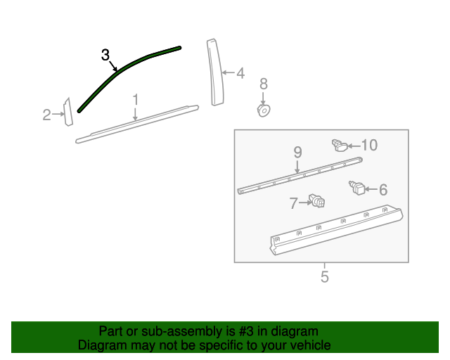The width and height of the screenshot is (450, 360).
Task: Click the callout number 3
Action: tap(105, 55)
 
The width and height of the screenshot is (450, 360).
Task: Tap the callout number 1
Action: tap(135, 100)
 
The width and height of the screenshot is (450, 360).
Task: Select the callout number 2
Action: tap(46, 115)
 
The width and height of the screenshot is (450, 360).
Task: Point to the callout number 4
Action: tap(240, 72)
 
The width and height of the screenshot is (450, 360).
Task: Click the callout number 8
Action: tap(264, 84)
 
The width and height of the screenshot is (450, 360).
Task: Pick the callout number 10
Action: tap(369, 145)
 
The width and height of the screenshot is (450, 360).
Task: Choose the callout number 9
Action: tap(297, 152)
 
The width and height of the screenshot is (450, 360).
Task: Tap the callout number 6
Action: tap(383, 189)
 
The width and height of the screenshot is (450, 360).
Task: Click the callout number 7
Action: tap(293, 203)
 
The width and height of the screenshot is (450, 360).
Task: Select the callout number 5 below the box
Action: tap(324, 277)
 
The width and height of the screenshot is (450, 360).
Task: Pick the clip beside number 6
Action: tap(358, 188)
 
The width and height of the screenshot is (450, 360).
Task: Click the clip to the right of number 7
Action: tap(319, 202)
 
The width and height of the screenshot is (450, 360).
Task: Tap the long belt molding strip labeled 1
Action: tap(137, 124)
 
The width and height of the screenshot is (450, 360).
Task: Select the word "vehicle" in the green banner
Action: tap(308, 345)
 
